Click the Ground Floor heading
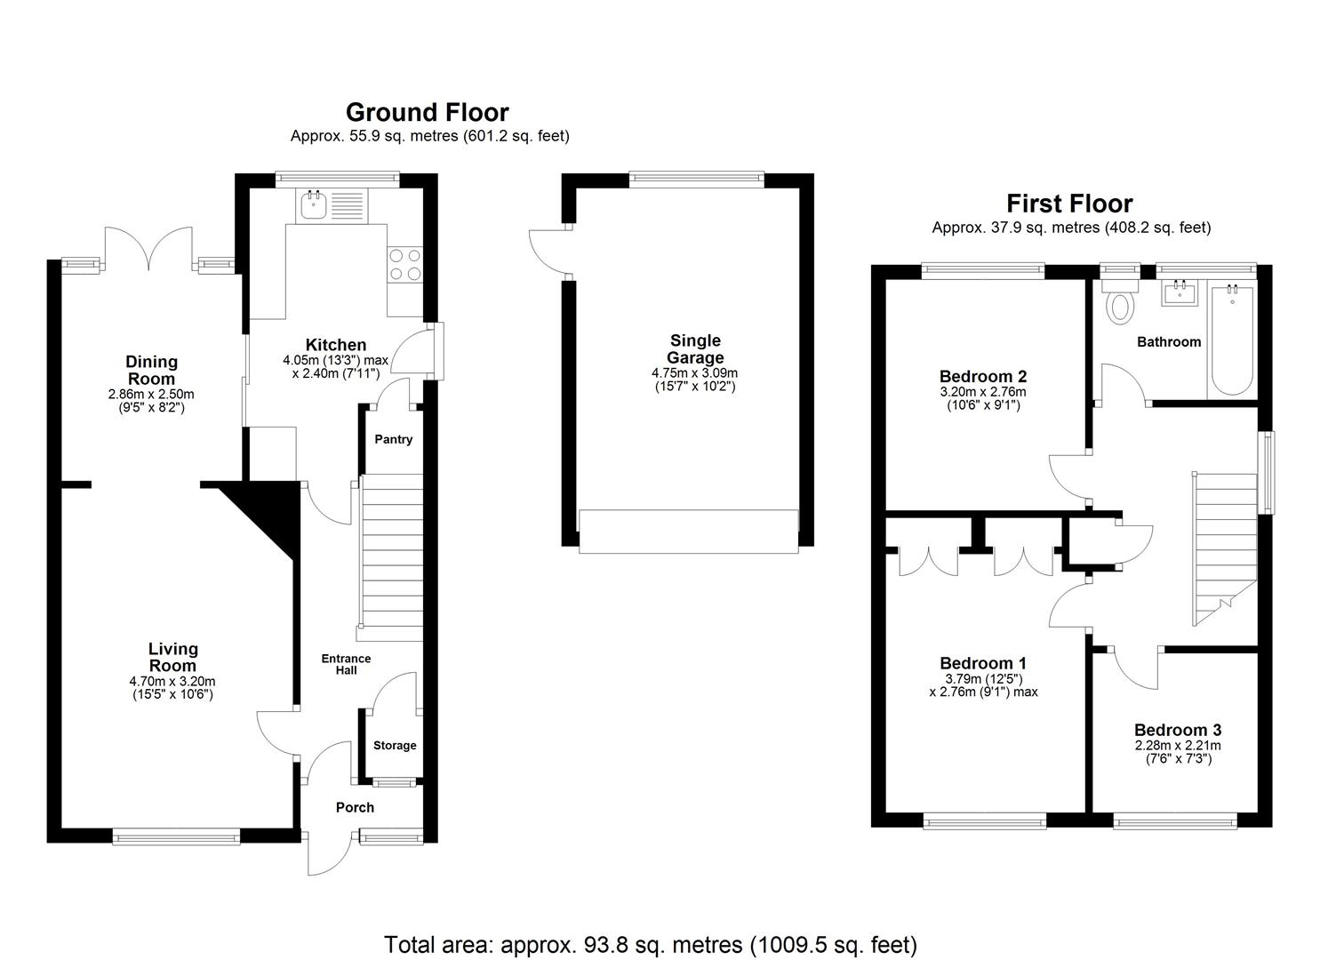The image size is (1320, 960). (427, 113)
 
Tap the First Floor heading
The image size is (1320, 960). (1069, 204)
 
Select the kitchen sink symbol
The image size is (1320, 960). (313, 206)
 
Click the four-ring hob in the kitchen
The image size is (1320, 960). (404, 264)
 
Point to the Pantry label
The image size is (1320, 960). (393, 439)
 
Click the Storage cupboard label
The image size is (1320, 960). (394, 746)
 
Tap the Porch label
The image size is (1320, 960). (355, 807)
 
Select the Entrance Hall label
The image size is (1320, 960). (346, 664)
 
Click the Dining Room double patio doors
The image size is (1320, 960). (148, 247)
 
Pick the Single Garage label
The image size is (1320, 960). (695, 348)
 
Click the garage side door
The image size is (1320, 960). (548, 252)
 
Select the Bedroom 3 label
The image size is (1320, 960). (1177, 730)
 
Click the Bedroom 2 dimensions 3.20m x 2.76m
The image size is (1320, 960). (982, 392)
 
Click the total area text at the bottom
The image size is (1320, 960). (650, 944)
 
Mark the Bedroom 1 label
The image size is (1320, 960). (982, 663)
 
